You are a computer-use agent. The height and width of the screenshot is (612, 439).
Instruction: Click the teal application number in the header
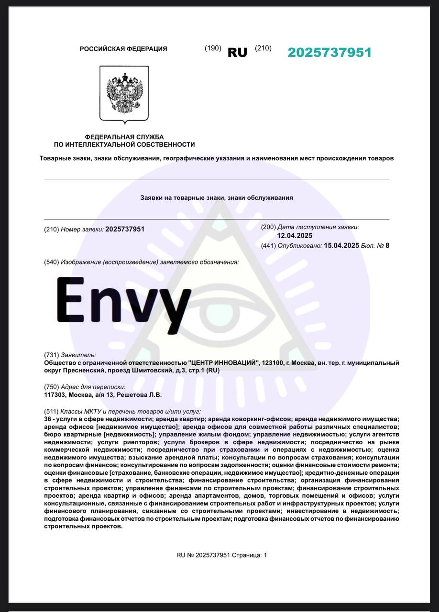pos(329,53)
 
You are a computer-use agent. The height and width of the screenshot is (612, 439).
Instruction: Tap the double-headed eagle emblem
pos(124,93)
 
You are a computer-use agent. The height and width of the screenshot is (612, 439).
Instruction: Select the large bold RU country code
pos(237,53)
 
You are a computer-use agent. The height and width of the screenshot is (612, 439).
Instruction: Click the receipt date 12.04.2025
pos(294,235)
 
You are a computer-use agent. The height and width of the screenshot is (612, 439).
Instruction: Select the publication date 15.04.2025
pos(341,246)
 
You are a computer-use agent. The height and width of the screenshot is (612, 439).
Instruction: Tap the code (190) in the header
pos(213,48)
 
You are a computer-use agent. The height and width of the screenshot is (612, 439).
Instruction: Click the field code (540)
pos(51,262)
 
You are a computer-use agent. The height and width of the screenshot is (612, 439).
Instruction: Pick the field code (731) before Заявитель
pos(51,355)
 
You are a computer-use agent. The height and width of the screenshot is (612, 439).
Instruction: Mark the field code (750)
pos(51,387)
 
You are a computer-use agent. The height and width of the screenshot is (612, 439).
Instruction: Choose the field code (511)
pos(51,411)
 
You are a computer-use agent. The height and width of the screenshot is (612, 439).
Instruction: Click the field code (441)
pos(268,246)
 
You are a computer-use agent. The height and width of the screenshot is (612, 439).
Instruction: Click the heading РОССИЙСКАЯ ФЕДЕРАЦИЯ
pos(123,49)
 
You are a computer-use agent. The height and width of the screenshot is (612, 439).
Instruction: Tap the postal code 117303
pos(55,395)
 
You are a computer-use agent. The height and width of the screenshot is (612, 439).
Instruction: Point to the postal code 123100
pos(273,363)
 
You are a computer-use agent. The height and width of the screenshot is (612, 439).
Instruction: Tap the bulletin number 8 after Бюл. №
pos(387,246)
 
